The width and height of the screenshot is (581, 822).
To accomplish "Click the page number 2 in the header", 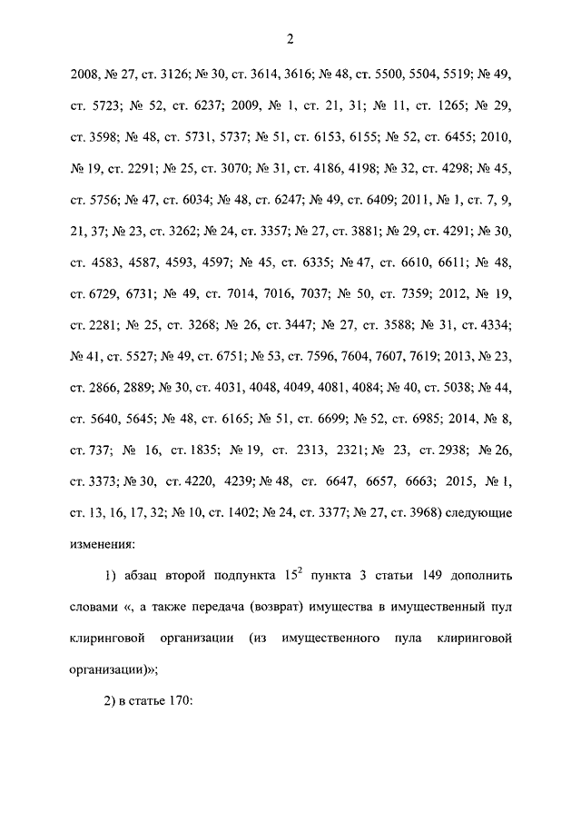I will click(290, 38).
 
